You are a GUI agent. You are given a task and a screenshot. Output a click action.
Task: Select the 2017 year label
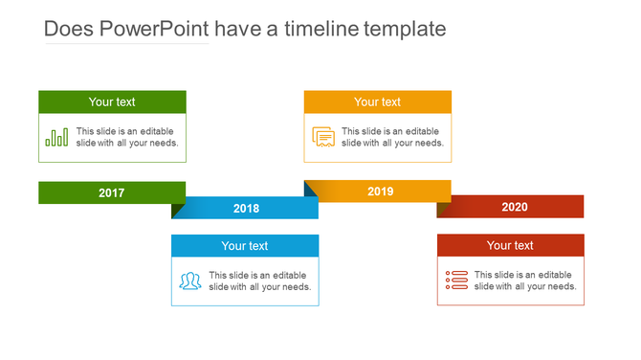point(112,193)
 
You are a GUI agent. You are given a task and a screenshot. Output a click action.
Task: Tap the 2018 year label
point(246,209)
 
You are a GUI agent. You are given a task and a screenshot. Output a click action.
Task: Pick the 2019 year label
point(381,192)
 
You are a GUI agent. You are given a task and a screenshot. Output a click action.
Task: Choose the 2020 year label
point(514,207)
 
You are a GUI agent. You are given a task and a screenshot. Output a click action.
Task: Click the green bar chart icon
point(56,137)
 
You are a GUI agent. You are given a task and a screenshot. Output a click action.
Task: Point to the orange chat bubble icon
point(323,137)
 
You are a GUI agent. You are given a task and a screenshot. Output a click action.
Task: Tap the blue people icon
point(190,281)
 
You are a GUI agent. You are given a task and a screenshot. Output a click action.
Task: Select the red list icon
point(456,281)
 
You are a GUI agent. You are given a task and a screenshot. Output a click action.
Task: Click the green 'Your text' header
point(112,101)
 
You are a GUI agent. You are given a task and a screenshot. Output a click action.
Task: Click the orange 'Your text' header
point(378,101)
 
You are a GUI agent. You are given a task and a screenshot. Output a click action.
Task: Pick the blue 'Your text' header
point(245,246)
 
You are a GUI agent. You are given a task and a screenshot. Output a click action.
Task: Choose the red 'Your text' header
point(510,246)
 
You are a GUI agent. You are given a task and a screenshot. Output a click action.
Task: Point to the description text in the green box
point(127,137)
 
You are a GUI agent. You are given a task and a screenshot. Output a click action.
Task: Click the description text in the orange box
point(392,137)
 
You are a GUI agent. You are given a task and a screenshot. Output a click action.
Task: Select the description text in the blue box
point(259,281)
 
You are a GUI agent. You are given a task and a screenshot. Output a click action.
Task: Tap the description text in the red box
point(525,281)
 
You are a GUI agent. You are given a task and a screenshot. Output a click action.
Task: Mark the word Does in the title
point(67,30)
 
